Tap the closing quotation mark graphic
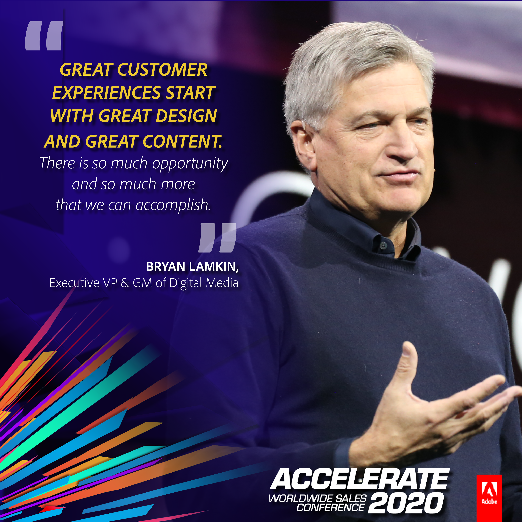[217, 238]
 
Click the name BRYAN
[165, 267]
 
